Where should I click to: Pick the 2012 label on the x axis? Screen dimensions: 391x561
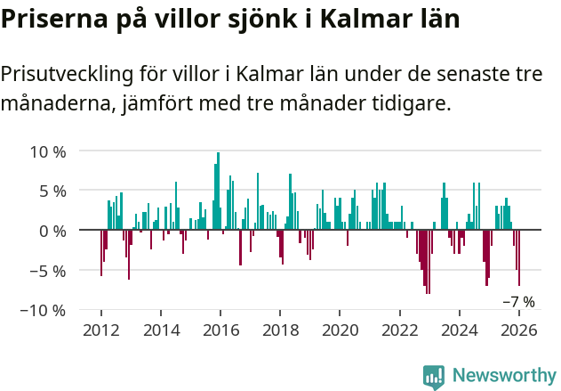tap(100, 330)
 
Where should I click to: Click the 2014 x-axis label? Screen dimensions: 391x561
tap(161, 330)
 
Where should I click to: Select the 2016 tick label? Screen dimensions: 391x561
tap(220, 330)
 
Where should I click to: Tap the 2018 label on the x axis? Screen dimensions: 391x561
tap(280, 330)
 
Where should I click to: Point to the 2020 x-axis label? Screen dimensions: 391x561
tap(340, 330)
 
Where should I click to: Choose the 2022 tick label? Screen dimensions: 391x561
tap(400, 330)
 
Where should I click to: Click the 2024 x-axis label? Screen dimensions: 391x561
tap(460, 330)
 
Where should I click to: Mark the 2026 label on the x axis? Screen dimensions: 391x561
tap(519, 330)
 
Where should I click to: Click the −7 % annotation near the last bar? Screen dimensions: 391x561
tap(518, 302)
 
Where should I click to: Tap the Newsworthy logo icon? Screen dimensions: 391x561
tap(434, 377)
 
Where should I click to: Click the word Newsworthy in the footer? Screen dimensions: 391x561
tap(504, 377)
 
